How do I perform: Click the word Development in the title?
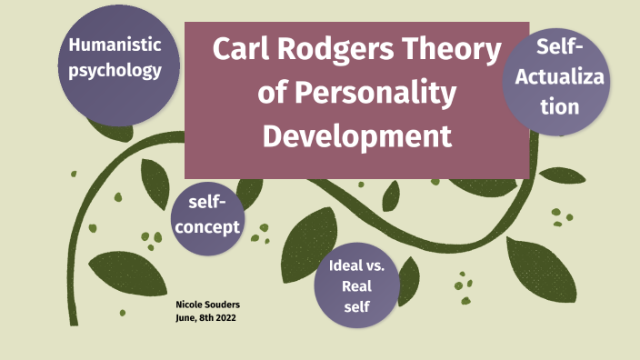pyautogui.click(x=356, y=136)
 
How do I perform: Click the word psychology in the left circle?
pyautogui.click(x=115, y=70)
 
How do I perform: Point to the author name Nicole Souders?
pyautogui.click(x=206, y=305)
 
